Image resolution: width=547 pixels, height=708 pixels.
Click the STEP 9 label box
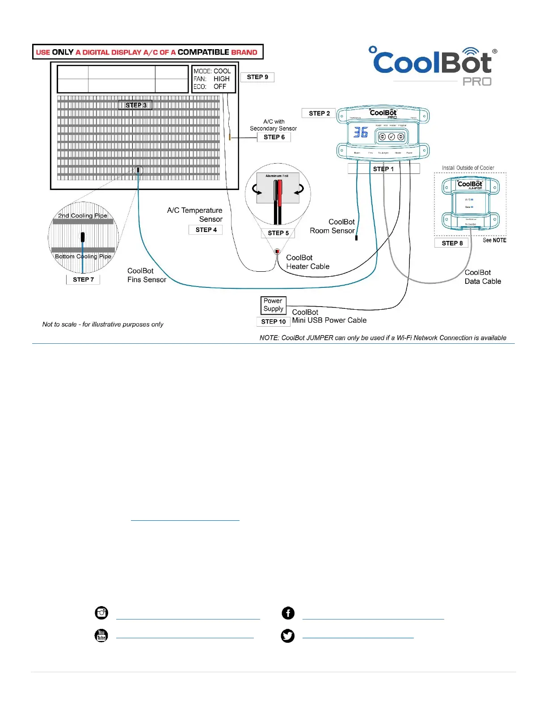(257, 77)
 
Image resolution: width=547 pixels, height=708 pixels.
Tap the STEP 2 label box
(319, 114)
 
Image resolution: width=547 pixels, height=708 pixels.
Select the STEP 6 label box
(274, 137)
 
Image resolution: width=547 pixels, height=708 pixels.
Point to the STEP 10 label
(273, 321)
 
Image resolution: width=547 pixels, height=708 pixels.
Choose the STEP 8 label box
(452, 243)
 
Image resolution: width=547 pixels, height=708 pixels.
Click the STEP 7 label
(83, 279)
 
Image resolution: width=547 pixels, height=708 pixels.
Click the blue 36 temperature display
(361, 133)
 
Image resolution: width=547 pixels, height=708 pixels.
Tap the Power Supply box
(273, 305)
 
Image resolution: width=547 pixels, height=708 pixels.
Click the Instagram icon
(101, 613)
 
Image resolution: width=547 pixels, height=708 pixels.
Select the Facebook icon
(288, 613)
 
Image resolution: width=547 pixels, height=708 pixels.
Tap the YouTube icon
(101, 635)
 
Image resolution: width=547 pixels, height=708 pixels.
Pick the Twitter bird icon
(288, 636)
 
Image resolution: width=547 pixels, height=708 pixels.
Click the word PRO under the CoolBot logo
(477, 82)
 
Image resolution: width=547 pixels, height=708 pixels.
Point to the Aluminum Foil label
(277, 176)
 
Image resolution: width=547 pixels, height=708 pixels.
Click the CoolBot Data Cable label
(483, 277)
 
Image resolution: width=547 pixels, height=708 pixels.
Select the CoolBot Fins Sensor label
(147, 275)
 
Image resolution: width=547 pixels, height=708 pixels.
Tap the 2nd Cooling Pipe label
(83, 215)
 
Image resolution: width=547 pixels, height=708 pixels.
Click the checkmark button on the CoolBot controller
(391, 137)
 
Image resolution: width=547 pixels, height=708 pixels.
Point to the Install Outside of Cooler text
(468, 168)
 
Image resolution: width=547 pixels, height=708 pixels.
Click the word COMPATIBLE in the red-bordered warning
(203, 52)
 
